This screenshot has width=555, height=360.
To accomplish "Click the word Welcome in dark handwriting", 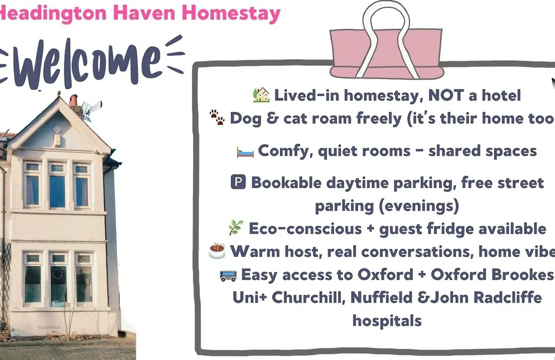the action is pos(87,64).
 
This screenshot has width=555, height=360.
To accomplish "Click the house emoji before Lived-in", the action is pos(261,95).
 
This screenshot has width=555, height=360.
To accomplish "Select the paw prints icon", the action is pos(217,117).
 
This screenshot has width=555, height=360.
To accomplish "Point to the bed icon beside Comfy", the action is pos(245,152).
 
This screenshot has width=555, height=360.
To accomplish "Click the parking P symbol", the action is pos(238,182).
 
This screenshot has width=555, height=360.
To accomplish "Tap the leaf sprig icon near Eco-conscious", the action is pos(236,227).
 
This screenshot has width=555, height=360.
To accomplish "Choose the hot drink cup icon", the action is pos(217,250).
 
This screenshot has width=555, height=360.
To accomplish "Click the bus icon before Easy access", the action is pos(228,275).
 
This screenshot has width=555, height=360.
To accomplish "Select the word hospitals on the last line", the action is pos(387,321).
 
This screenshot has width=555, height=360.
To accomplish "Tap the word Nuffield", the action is pos(381,297).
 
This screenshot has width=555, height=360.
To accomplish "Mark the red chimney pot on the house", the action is pos(73,101).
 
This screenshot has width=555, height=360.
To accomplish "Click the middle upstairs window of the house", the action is pos(58,186).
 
